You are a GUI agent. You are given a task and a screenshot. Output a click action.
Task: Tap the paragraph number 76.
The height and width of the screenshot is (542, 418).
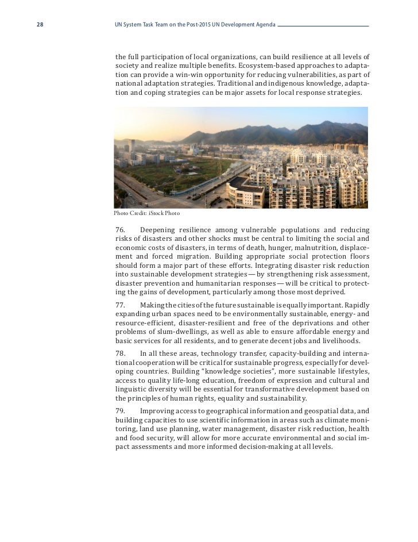pyautogui.click(x=120, y=229)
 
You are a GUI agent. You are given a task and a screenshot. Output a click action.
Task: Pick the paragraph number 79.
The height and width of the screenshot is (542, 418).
pyautogui.click(x=120, y=411)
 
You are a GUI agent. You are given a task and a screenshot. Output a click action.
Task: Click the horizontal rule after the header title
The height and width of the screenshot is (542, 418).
pyautogui.click(x=323, y=26)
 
